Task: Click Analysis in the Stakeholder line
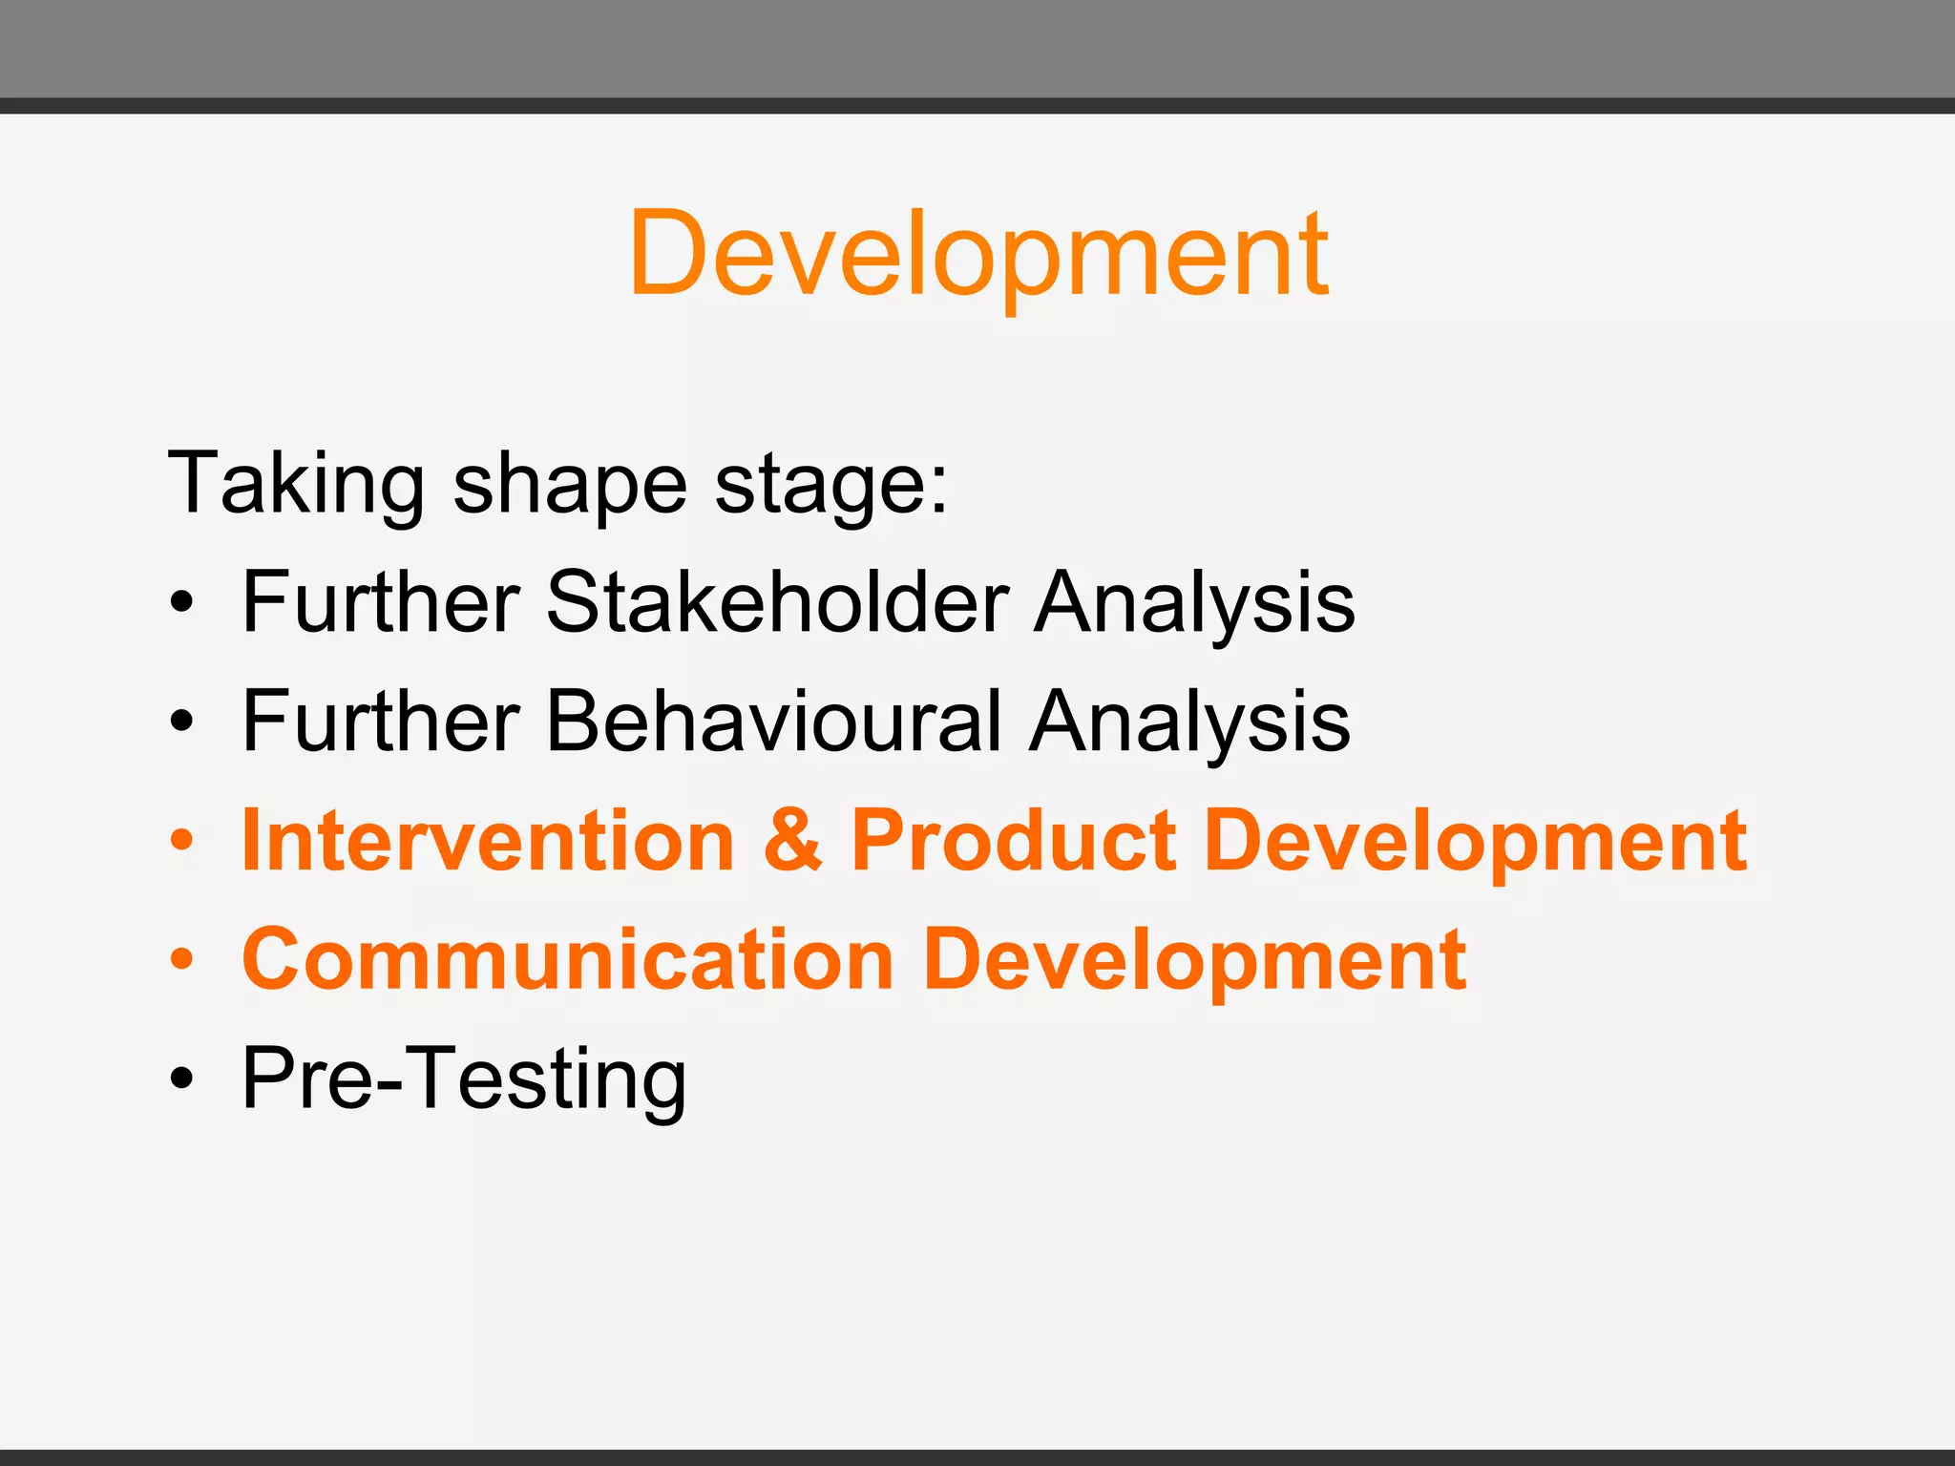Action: click(x=1194, y=602)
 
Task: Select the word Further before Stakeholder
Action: click(x=381, y=602)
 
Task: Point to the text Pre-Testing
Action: click(x=464, y=1079)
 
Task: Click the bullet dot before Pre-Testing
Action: click(x=181, y=1079)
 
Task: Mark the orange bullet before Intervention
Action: click(x=181, y=841)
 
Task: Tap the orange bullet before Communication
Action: click(x=181, y=960)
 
